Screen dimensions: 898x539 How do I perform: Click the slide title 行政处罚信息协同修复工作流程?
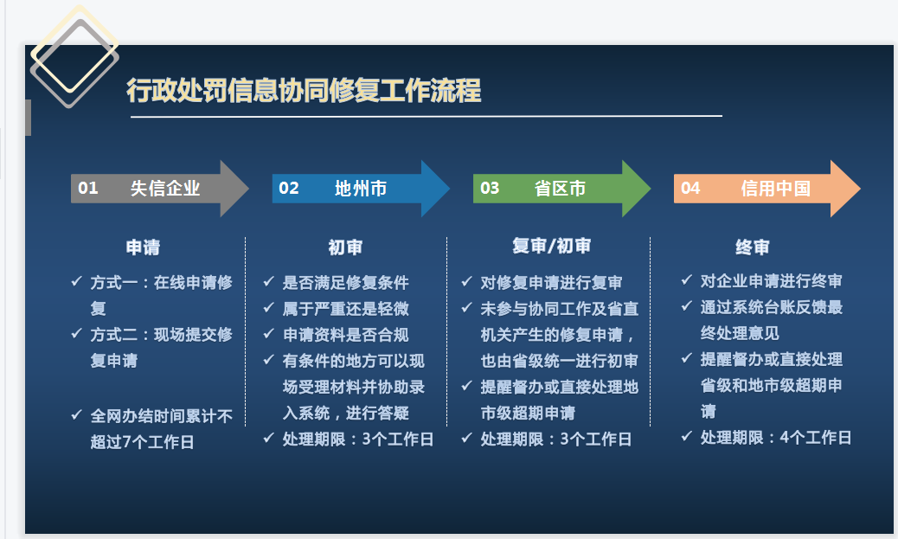[304, 91]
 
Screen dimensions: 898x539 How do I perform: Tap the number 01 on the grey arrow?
[88, 188]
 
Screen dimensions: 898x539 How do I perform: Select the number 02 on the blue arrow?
[289, 188]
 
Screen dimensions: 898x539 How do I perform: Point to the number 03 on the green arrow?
[490, 188]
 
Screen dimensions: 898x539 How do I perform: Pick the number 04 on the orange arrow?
[690, 188]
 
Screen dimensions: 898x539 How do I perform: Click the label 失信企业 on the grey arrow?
[165, 188]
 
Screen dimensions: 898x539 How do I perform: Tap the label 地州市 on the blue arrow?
[361, 188]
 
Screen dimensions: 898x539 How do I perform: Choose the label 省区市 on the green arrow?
[560, 188]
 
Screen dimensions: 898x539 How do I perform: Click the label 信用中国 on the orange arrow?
[775, 188]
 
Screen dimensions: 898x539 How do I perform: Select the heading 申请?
[143, 247]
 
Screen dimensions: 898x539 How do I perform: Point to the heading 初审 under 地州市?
[345, 247]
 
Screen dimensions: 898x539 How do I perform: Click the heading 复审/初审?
[551, 247]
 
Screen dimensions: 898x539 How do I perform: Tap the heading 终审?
[753, 247]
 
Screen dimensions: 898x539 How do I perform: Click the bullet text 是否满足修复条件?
[345, 282]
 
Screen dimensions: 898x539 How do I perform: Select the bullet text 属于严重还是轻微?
[345, 309]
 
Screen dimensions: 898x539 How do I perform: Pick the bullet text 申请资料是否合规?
[345, 335]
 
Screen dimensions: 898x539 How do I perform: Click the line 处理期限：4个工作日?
[775, 438]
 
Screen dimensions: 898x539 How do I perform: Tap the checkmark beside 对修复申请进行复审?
[467, 281]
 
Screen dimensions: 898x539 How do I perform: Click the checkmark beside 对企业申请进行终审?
[687, 279]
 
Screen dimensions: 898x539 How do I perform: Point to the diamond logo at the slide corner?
[74, 57]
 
